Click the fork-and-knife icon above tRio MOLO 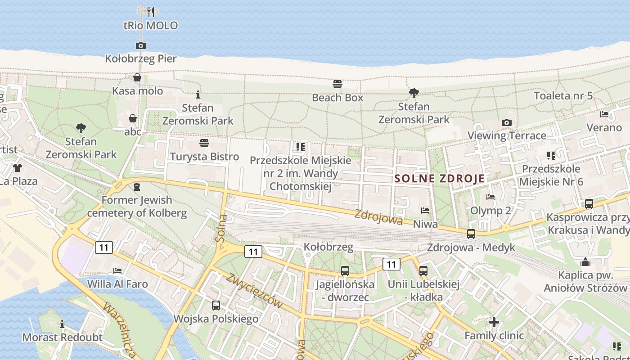click(151, 12)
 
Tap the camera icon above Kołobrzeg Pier click(140, 45)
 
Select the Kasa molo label click(137, 91)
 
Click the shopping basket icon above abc click(133, 118)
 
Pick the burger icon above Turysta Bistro click(204, 143)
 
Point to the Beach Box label click(337, 98)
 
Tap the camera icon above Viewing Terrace click(507, 122)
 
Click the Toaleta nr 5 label click(563, 96)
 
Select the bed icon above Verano click(604, 114)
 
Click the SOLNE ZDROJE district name click(440, 178)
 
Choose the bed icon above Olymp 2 click(490, 197)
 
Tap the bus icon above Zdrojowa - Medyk click(471, 234)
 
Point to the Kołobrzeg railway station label click(328, 247)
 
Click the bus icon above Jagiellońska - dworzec click(345, 271)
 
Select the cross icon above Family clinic click(494, 322)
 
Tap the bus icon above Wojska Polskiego click(216, 306)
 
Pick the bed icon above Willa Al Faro click(117, 271)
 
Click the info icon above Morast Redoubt click(62, 324)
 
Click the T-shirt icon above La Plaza click(18, 168)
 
